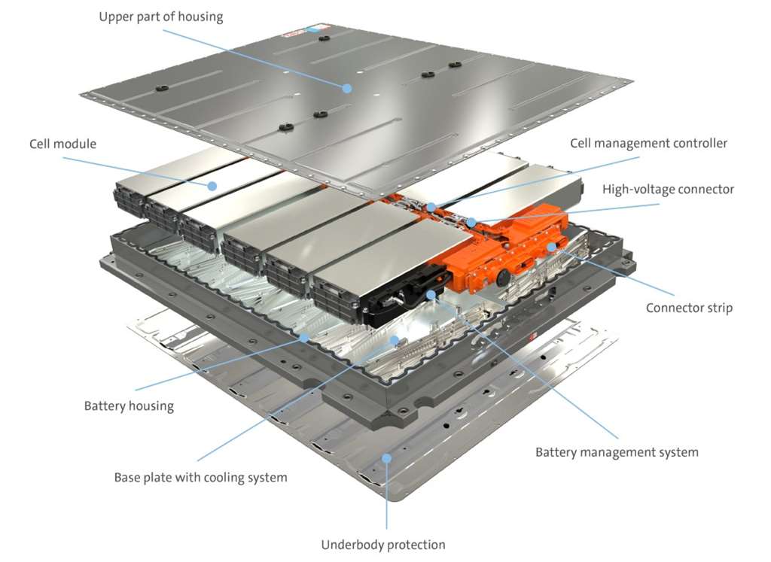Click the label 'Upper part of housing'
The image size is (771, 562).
coord(160,17)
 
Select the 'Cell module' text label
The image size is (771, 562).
coord(63,144)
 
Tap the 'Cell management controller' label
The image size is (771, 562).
coord(648,143)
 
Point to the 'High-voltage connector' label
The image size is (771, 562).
coord(667,189)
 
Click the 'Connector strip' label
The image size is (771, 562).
coord(688,308)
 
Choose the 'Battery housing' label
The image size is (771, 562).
coord(129,406)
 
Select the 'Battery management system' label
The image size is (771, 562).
coord(617,452)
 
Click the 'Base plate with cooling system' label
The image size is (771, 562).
coord(200,477)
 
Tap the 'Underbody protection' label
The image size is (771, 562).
coord(383,544)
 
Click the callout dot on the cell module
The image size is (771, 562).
coord(212,185)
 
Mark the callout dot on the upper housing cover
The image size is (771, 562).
coord(347,88)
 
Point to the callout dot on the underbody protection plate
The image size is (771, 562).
coord(386,457)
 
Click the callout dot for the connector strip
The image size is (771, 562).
coord(552,247)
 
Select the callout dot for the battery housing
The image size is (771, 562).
coord(303,338)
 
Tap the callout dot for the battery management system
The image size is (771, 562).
coord(431,295)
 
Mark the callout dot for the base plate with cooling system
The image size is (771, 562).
coord(394,340)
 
